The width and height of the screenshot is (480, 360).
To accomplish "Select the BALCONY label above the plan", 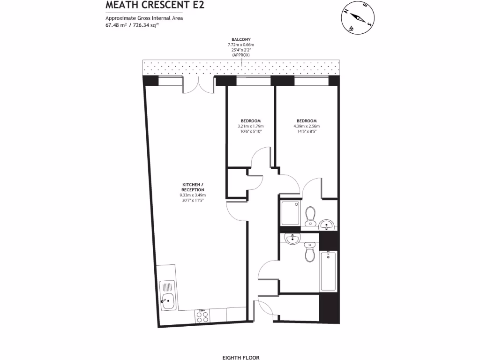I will [x=241, y=39].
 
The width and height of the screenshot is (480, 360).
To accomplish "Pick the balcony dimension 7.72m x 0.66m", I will [x=241, y=45].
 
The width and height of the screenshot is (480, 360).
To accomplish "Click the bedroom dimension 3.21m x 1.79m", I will [x=251, y=126].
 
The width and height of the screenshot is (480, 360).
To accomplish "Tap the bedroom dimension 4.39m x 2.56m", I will [x=307, y=126].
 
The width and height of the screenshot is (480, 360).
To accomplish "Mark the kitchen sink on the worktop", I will [x=167, y=295].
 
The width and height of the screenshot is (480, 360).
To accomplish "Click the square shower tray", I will [x=292, y=214].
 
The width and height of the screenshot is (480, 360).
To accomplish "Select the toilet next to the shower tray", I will [x=309, y=217].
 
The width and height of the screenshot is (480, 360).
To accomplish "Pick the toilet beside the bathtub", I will [x=309, y=252].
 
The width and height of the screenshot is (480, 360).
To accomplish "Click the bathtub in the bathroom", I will [x=328, y=271].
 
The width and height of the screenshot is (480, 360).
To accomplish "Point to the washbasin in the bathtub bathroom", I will [x=292, y=239].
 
